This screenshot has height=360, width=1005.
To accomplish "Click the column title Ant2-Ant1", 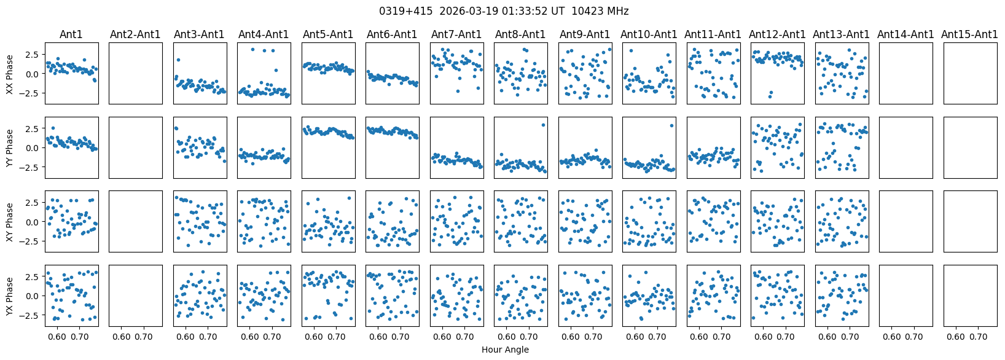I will coord(135,34).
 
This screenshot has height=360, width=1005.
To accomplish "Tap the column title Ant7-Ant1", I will coord(456,34).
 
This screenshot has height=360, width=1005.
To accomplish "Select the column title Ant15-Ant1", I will coord(969,34).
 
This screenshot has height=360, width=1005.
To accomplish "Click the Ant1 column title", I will coord(71,34).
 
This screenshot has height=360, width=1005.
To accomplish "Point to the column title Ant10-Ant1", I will coord(649,34).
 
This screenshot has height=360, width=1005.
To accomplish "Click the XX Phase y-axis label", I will coord(10,74).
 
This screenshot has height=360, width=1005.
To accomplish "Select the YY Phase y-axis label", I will coord(10,147).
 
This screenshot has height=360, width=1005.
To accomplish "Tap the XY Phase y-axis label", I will coord(10,222).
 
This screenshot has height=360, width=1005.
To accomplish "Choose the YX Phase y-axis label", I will coord(10,296).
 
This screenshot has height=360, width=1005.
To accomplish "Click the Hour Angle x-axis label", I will coord(505,350).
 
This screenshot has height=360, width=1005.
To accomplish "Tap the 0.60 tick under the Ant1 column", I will coord(58,337).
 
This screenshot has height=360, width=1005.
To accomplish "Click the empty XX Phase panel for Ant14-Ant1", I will coord(905,74).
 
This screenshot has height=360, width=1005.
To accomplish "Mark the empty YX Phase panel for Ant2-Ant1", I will coord(135,296).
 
